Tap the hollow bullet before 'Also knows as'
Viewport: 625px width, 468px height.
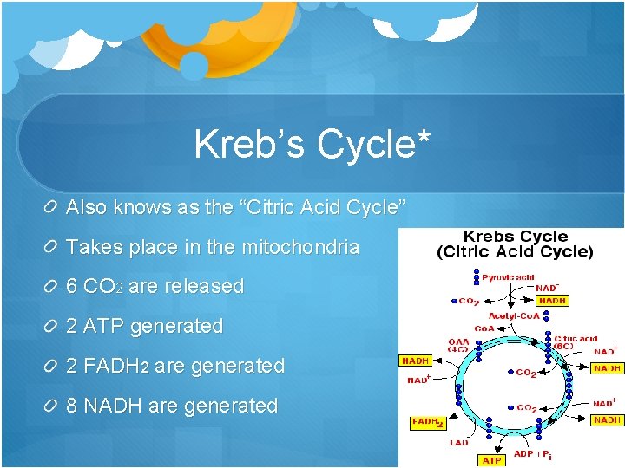[50, 208]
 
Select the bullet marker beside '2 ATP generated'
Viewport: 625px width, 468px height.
[50, 327]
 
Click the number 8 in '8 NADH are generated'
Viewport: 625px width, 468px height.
[73, 406]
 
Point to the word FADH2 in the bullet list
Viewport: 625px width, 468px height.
[117, 367]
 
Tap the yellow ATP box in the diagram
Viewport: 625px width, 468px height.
[491, 460]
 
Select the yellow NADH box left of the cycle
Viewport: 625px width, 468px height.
[416, 360]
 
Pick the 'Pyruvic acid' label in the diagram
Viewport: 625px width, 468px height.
[509, 277]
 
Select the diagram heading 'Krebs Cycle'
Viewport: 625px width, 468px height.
[516, 237]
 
